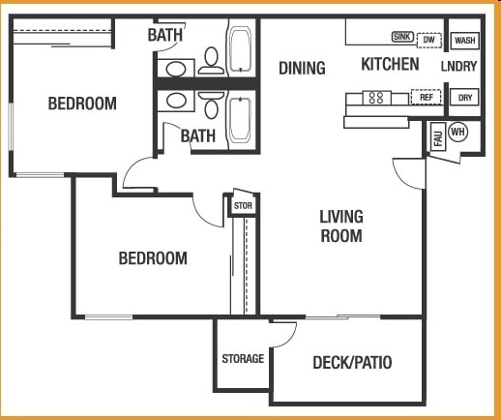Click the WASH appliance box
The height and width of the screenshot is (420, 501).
[x=465, y=41]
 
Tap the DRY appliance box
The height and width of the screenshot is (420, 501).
[x=465, y=97]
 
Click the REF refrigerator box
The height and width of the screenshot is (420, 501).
[x=425, y=97]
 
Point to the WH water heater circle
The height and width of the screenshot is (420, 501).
[x=457, y=133]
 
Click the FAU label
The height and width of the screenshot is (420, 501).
[x=437, y=138]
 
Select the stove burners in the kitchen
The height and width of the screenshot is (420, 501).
[x=375, y=97]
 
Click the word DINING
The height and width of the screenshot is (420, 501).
[x=302, y=68]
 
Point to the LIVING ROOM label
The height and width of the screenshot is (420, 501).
[x=341, y=225]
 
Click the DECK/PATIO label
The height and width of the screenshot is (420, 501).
[x=352, y=363]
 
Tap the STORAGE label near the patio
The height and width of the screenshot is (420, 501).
[x=243, y=359]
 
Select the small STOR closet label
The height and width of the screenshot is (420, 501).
[x=242, y=205]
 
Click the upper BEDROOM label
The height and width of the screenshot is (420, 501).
[x=82, y=104]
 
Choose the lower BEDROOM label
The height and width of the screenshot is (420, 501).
[x=153, y=258]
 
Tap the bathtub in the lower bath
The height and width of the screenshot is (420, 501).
[x=239, y=120]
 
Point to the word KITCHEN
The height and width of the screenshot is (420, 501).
[x=390, y=65]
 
